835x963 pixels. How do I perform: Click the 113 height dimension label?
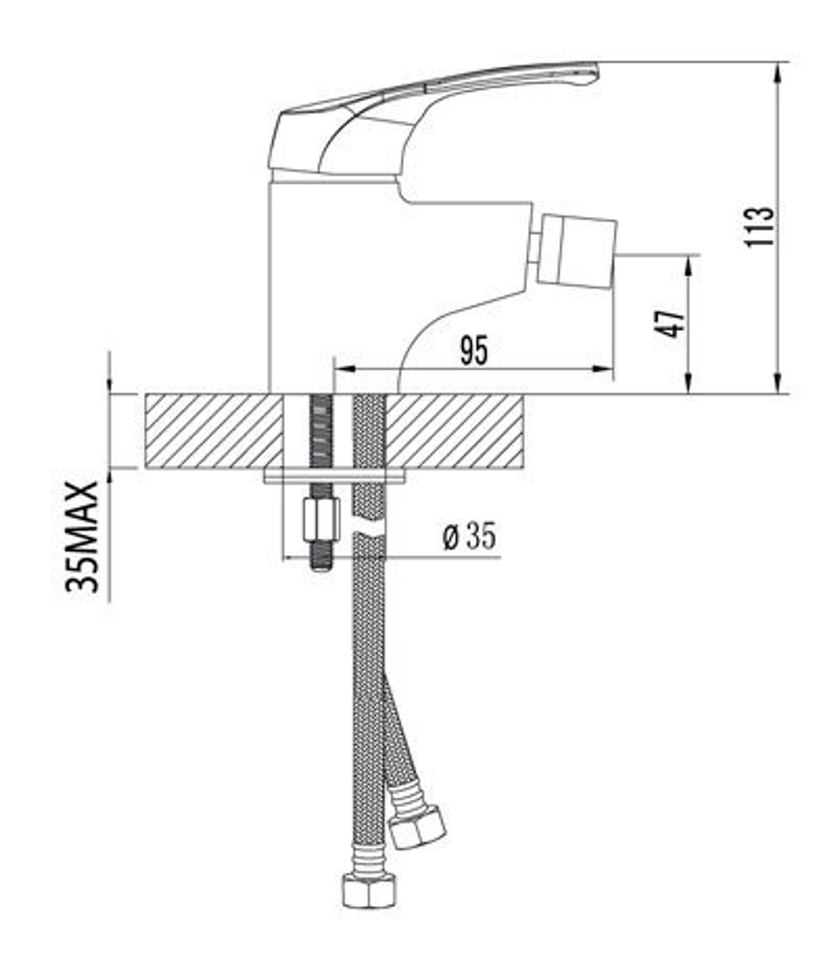click(761, 226)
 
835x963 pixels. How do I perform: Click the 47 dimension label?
click(671, 322)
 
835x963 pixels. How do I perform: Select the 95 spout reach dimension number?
click(473, 351)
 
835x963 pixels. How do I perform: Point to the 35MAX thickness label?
click(83, 536)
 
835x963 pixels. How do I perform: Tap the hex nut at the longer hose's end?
click(369, 890)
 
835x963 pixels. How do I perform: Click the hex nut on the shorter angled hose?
click(418, 826)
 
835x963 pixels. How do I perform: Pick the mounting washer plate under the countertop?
click(335, 475)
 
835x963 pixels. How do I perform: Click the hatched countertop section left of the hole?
click(214, 431)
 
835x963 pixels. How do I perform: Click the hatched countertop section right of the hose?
click(455, 431)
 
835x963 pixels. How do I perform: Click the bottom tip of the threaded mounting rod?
click(321, 567)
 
